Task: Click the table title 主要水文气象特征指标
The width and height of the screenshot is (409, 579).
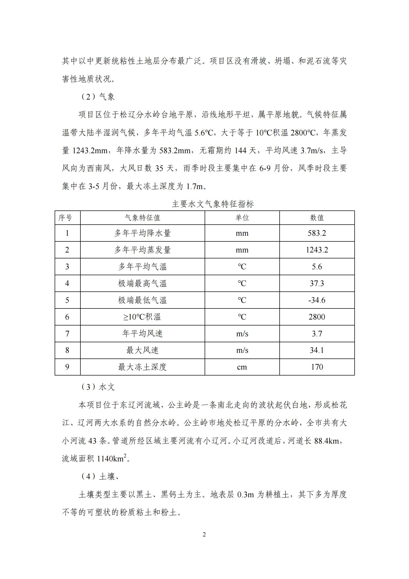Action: click(x=213, y=204)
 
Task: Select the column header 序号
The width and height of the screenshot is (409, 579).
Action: click(x=65, y=218)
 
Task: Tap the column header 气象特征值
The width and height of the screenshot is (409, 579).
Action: click(x=143, y=218)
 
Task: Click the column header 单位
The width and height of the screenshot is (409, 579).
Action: click(x=242, y=218)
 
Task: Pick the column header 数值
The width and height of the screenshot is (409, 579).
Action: click(x=317, y=218)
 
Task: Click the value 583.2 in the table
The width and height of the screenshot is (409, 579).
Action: click(x=317, y=233)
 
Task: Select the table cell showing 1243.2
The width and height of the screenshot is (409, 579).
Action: click(x=317, y=250)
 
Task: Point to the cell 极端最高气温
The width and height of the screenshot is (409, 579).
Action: click(x=143, y=283)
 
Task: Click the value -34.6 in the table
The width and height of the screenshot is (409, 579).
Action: click(x=317, y=300)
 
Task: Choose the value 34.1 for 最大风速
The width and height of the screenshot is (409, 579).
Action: click(x=317, y=350)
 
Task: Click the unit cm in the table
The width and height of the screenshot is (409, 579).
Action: click(x=242, y=367)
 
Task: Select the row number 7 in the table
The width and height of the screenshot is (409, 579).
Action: click(x=67, y=334)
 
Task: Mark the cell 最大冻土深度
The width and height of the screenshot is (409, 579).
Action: click(x=143, y=367)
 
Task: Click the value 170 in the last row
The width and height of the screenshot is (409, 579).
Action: click(x=317, y=367)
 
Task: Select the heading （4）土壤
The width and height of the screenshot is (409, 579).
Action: click(x=99, y=477)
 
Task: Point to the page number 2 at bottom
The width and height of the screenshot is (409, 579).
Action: click(x=204, y=535)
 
